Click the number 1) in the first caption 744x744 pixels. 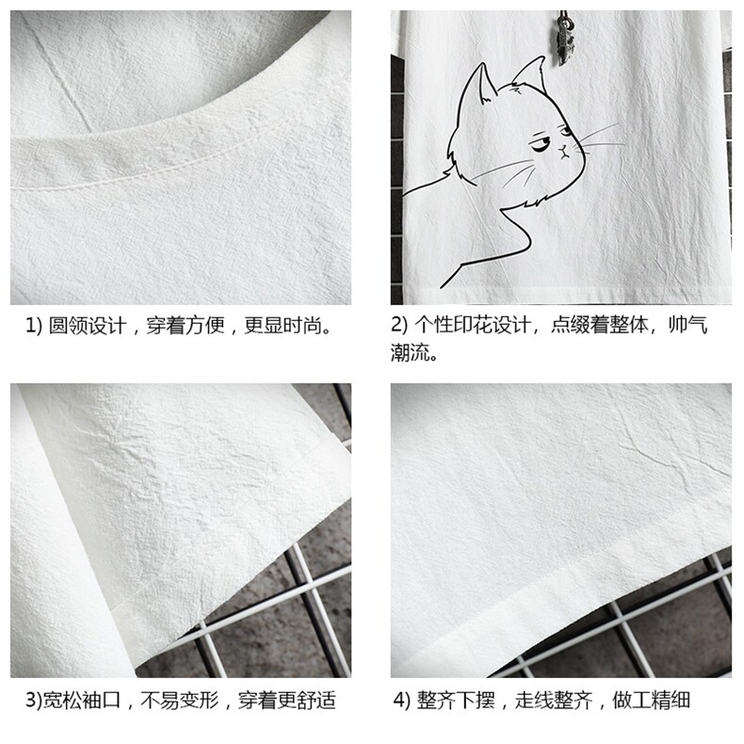point(34,326)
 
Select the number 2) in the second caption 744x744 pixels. point(399,325)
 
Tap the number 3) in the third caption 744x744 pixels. point(34,701)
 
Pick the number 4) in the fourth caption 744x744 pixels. point(401,701)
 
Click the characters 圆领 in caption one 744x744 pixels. point(68,326)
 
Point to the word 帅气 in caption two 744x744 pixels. point(688,325)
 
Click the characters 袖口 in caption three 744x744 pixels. point(102,701)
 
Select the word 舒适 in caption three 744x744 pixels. point(316,701)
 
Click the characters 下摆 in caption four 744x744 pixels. point(476,701)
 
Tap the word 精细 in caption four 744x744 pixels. point(671,701)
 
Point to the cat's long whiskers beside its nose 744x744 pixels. point(599,137)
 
